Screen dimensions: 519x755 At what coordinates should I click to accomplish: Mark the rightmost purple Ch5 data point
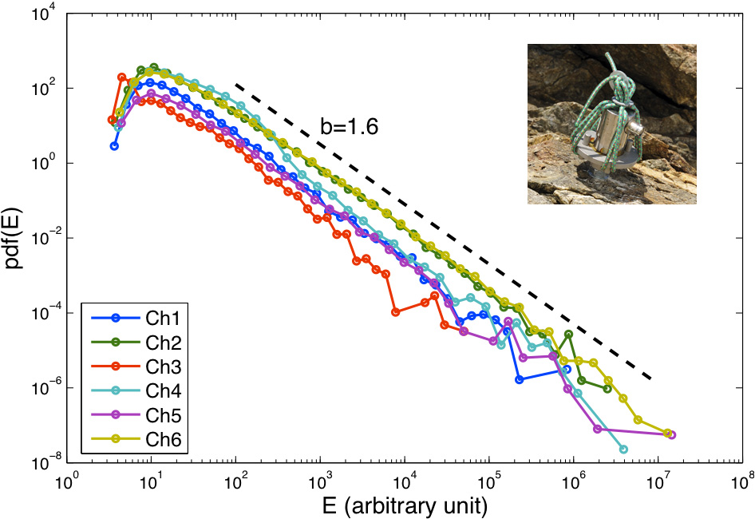672,435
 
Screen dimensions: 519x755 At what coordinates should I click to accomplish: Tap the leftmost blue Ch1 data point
114,146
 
